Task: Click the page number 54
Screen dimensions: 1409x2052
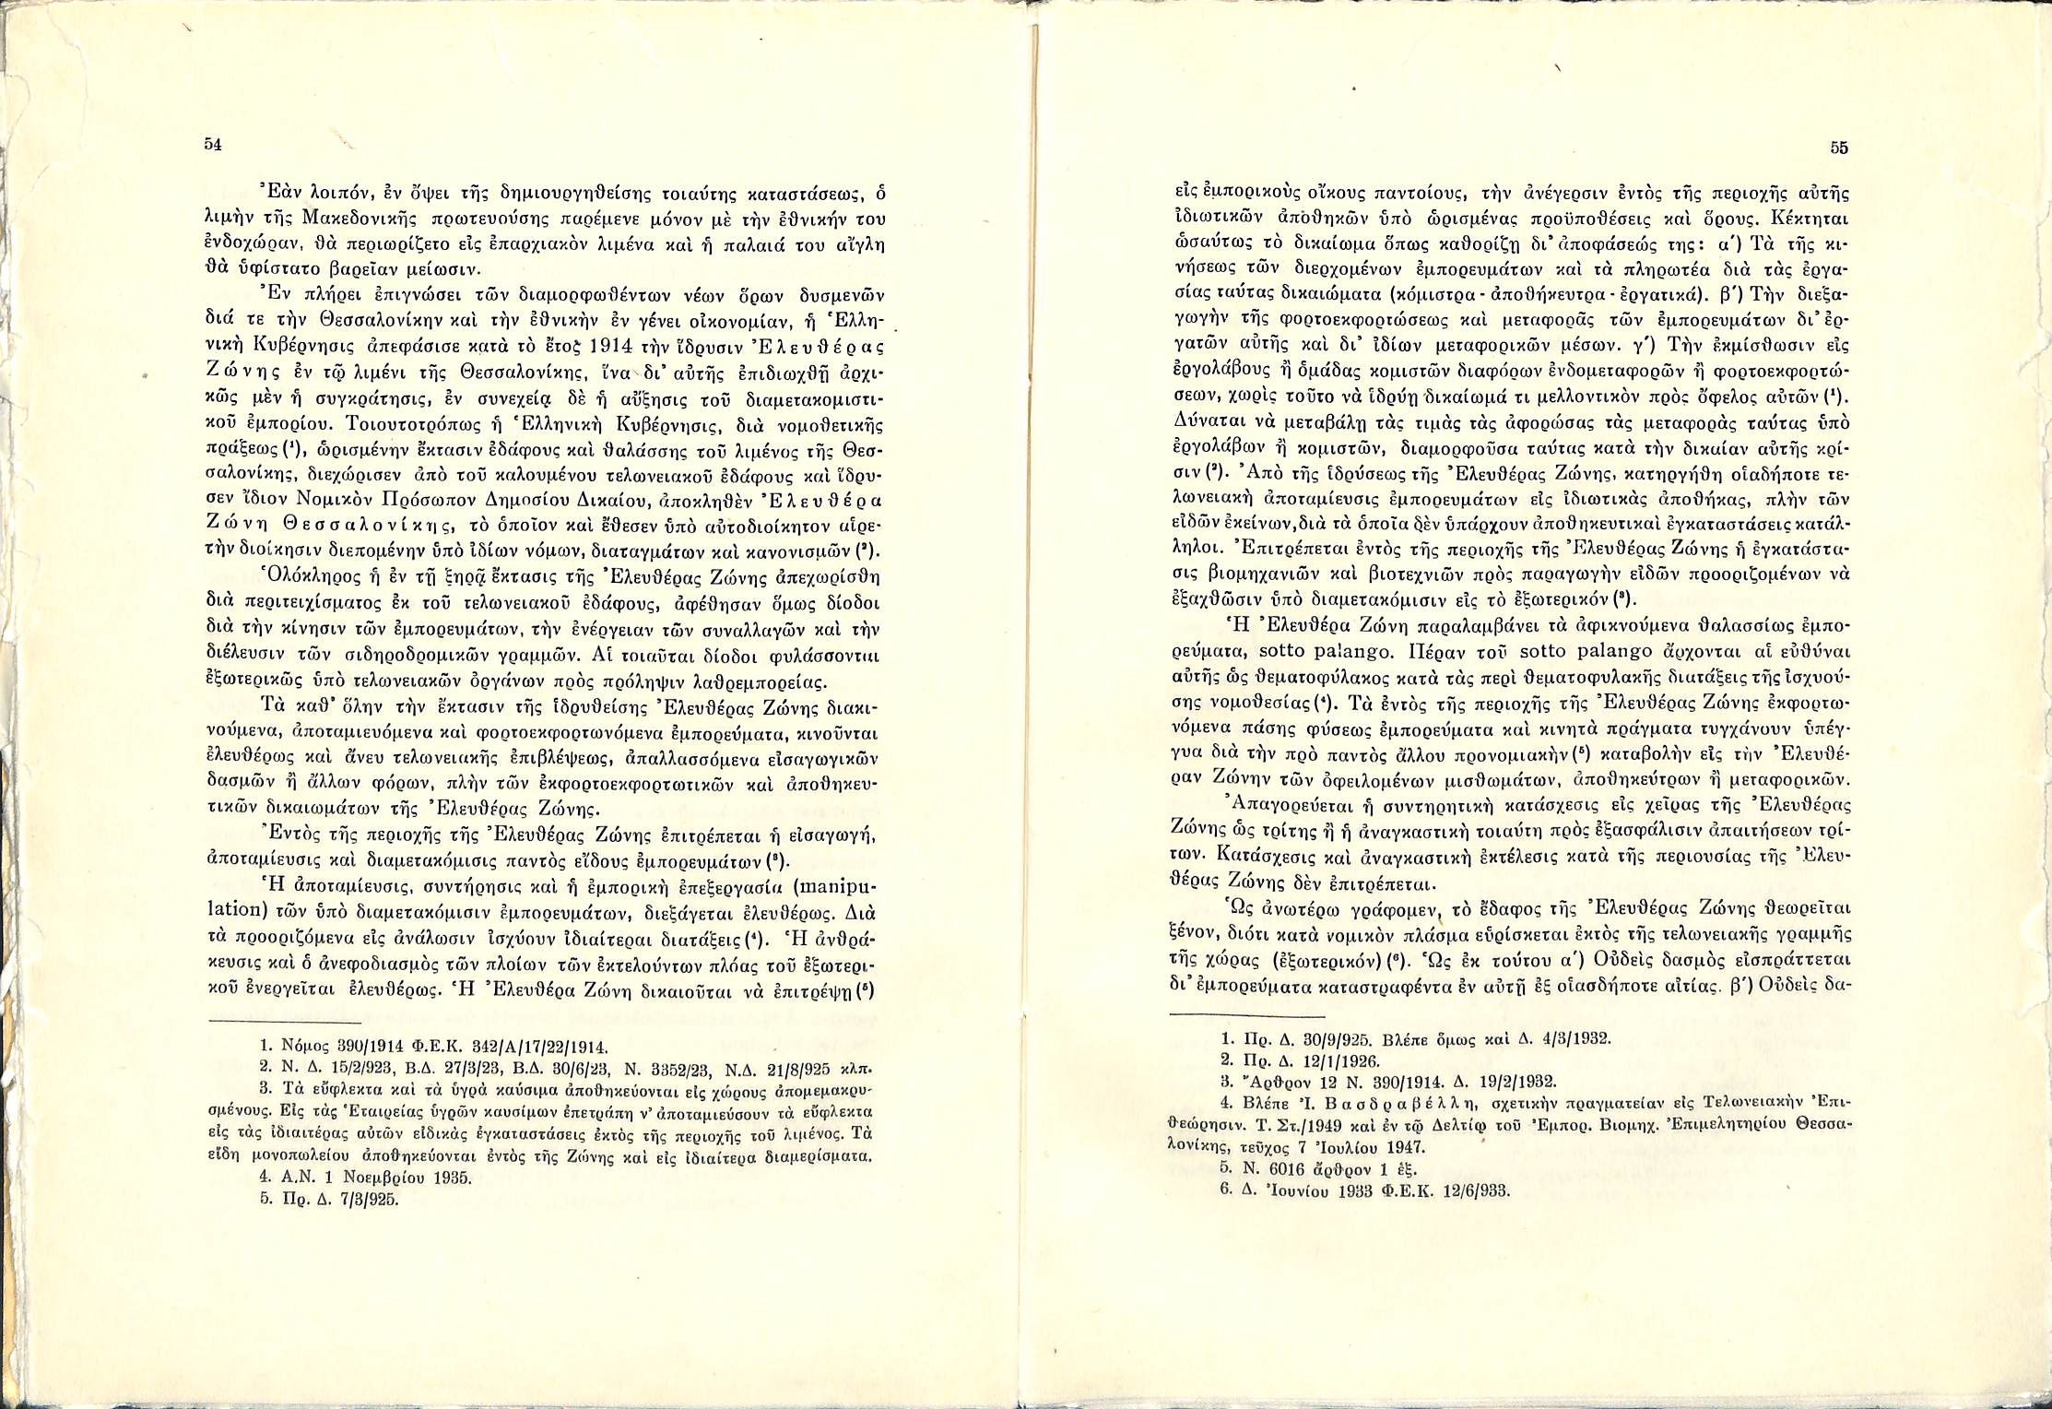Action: coord(212,146)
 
